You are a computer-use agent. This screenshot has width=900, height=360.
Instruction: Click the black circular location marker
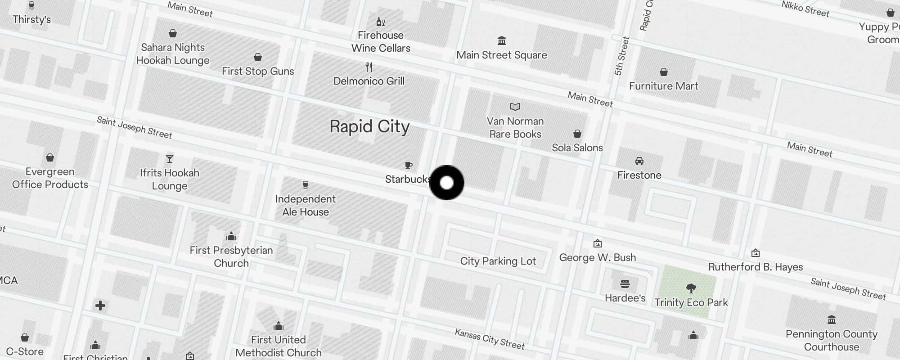point(446,183)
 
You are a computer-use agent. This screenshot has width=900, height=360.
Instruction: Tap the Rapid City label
point(369,127)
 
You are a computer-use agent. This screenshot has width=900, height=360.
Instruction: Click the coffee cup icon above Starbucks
point(408,166)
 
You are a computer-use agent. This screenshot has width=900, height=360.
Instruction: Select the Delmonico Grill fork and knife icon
point(369,67)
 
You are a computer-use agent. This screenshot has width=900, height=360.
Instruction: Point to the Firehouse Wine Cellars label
point(381,42)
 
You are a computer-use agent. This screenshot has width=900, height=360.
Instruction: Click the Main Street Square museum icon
point(502,41)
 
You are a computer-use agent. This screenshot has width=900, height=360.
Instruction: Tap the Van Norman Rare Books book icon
point(515,107)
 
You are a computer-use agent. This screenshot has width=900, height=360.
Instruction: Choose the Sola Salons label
point(577,148)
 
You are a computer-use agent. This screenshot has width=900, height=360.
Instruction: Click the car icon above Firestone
point(639,161)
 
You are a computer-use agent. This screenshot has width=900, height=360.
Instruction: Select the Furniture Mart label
point(663,86)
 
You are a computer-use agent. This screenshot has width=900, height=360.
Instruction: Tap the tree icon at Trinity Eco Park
point(691,288)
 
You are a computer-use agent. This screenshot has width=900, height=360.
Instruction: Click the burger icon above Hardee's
point(625,284)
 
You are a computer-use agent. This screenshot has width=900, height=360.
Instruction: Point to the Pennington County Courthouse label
point(831,340)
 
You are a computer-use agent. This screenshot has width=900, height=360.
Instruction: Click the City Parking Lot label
point(498,261)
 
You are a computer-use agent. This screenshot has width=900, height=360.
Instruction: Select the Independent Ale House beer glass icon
point(306,185)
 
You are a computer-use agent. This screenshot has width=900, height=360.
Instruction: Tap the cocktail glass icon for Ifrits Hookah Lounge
point(170,159)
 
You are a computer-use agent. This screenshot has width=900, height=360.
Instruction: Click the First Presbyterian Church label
point(231,256)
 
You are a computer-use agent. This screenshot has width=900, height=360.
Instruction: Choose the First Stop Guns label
point(258,71)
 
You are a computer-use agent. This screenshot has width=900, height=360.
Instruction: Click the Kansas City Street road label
point(490,339)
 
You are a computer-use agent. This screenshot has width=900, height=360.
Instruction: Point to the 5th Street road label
point(621,56)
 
